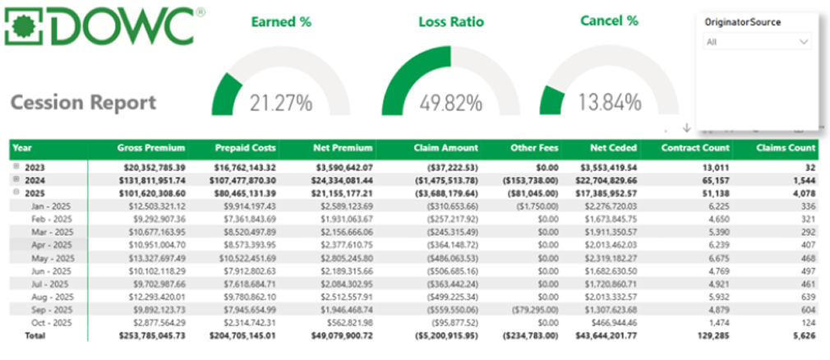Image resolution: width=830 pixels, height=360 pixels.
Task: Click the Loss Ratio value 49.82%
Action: [450, 103]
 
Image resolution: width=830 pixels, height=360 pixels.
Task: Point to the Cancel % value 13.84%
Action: [609, 103]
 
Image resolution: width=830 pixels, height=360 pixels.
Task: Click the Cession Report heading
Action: [83, 102]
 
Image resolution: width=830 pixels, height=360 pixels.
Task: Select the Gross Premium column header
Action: [152, 148]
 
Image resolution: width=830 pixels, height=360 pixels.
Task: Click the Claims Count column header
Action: [786, 148]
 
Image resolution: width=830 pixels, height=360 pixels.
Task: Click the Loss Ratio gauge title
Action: [449, 22]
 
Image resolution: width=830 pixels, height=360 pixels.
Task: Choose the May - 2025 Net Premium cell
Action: [344, 257]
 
